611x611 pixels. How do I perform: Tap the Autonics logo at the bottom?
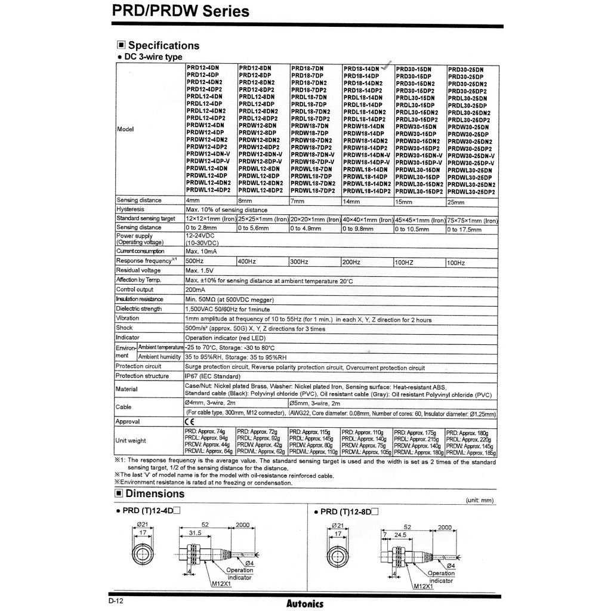(x=304, y=603)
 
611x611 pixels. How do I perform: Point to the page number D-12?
(x=116, y=600)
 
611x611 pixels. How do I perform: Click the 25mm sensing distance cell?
(x=456, y=202)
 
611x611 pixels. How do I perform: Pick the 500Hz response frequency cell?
(x=195, y=261)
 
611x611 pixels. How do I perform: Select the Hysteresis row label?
(x=130, y=209)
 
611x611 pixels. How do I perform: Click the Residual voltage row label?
(x=138, y=270)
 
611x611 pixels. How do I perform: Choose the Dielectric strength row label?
(x=138, y=308)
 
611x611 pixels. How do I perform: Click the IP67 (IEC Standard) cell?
(x=213, y=376)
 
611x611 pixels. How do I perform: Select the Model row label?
(x=125, y=129)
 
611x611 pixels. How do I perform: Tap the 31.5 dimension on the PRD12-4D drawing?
(x=194, y=533)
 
